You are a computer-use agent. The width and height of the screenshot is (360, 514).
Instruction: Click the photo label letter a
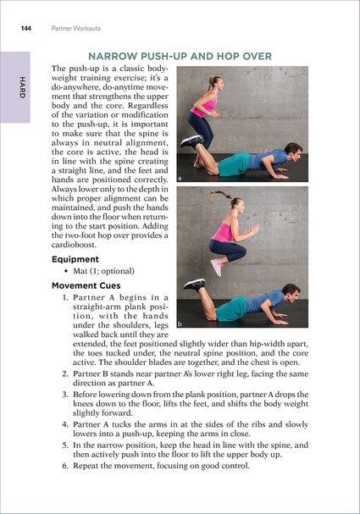(x=182, y=179)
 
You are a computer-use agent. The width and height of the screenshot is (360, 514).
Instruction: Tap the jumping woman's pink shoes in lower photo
(x=217, y=267)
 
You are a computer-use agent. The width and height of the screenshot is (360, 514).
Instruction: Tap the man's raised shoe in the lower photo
(x=195, y=284)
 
